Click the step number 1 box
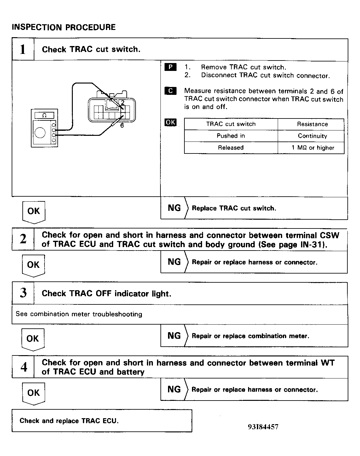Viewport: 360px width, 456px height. (23, 49)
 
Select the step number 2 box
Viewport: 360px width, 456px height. (23, 240)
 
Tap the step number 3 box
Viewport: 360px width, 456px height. (23, 293)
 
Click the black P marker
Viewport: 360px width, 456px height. (171, 67)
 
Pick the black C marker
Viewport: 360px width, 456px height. (171, 91)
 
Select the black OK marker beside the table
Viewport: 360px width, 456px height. (171, 122)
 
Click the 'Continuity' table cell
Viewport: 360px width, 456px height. (312, 136)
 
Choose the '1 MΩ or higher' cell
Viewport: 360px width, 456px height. (312, 148)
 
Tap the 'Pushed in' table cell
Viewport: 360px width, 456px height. (231, 136)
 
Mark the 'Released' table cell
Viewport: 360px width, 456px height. (231, 148)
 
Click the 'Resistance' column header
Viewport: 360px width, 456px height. (312, 124)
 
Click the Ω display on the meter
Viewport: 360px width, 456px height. (44, 116)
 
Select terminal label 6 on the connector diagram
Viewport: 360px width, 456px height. (122, 125)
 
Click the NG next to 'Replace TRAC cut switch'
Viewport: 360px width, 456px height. (174, 208)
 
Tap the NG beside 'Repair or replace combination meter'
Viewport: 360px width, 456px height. (174, 336)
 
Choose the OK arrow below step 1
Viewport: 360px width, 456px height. (34, 211)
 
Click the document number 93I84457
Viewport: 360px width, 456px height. (263, 427)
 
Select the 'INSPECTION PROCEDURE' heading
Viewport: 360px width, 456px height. (64, 27)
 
